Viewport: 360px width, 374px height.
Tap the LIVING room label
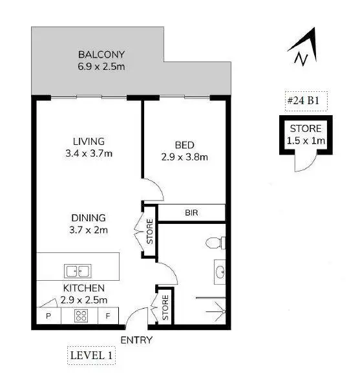(x=89, y=141)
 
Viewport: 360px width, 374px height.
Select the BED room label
(x=184, y=145)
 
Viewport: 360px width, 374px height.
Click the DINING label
(x=89, y=218)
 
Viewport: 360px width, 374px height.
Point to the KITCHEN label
(x=83, y=288)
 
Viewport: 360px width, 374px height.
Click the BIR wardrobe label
(x=191, y=213)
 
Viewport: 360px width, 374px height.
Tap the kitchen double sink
(x=78, y=270)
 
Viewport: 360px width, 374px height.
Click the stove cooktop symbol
(x=81, y=316)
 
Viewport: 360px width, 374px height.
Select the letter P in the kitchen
(x=48, y=316)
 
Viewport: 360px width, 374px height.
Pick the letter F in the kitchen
(x=109, y=316)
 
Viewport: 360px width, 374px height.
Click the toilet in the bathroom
(x=215, y=243)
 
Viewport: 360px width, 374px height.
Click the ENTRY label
(x=136, y=340)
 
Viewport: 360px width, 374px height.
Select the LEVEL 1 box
(x=91, y=355)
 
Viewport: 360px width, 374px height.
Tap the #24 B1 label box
(x=303, y=102)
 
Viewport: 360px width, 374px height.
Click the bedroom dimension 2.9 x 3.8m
(x=184, y=157)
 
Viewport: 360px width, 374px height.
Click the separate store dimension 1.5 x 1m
(x=306, y=140)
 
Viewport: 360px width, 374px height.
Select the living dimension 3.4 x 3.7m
(x=89, y=153)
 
